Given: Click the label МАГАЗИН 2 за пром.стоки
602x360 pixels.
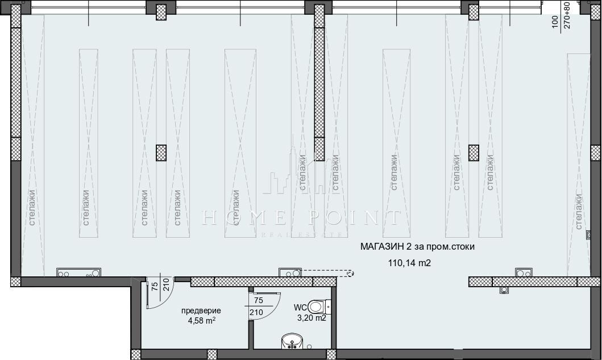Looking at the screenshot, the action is pyautogui.click(x=417, y=247).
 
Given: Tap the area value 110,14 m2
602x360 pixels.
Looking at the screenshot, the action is pyautogui.click(x=409, y=263).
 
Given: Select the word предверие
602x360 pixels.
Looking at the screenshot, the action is pyautogui.click(x=201, y=311).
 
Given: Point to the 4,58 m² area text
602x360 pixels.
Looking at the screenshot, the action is pyautogui.click(x=202, y=320).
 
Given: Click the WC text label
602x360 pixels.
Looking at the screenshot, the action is pyautogui.click(x=300, y=308).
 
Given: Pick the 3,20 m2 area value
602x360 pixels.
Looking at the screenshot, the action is pyautogui.click(x=312, y=318).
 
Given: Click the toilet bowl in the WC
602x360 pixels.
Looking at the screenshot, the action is pyautogui.click(x=319, y=307).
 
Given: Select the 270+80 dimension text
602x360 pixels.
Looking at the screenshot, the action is pyautogui.click(x=567, y=15).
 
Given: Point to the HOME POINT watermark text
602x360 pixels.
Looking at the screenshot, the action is pyautogui.click(x=301, y=217).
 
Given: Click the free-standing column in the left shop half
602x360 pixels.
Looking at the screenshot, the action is pyautogui.click(x=161, y=152).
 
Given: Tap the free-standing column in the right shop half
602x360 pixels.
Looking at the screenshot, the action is pyautogui.click(x=474, y=152).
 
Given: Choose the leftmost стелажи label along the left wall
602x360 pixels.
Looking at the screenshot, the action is pyautogui.click(x=32, y=208).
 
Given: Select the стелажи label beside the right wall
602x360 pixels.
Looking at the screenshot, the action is pyautogui.click(x=579, y=212).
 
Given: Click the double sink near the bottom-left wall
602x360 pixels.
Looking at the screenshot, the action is pyautogui.click(x=78, y=272).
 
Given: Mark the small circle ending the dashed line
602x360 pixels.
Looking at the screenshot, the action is pyautogui.click(x=350, y=274).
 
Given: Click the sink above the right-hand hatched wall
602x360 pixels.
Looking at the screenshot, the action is pyautogui.click(x=524, y=272).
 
